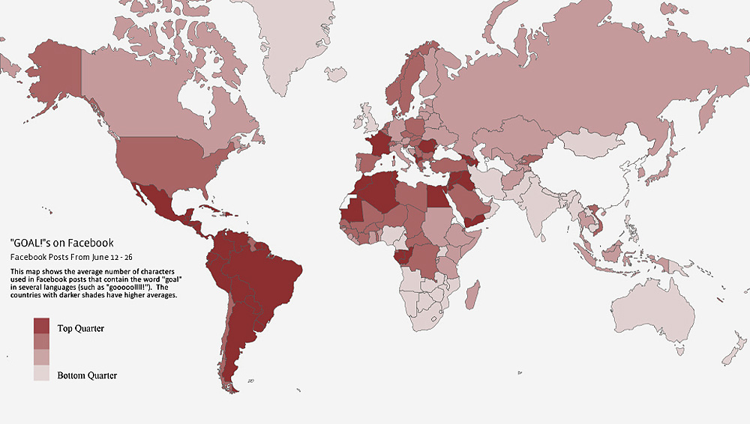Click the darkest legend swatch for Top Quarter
pos(41,326)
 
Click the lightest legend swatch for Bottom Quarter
pos(41,373)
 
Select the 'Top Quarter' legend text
pos(80,328)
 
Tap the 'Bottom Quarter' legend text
pos(87,375)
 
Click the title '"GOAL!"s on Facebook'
pos(62,243)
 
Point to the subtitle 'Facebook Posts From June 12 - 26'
pos(71,257)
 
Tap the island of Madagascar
pos(472,296)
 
